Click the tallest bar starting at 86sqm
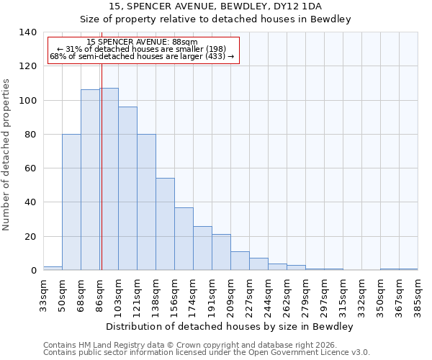[109, 179]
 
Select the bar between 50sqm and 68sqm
[71, 202]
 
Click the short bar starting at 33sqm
[53, 268]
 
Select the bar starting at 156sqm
[184, 239]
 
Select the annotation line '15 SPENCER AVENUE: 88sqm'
[141, 42]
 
